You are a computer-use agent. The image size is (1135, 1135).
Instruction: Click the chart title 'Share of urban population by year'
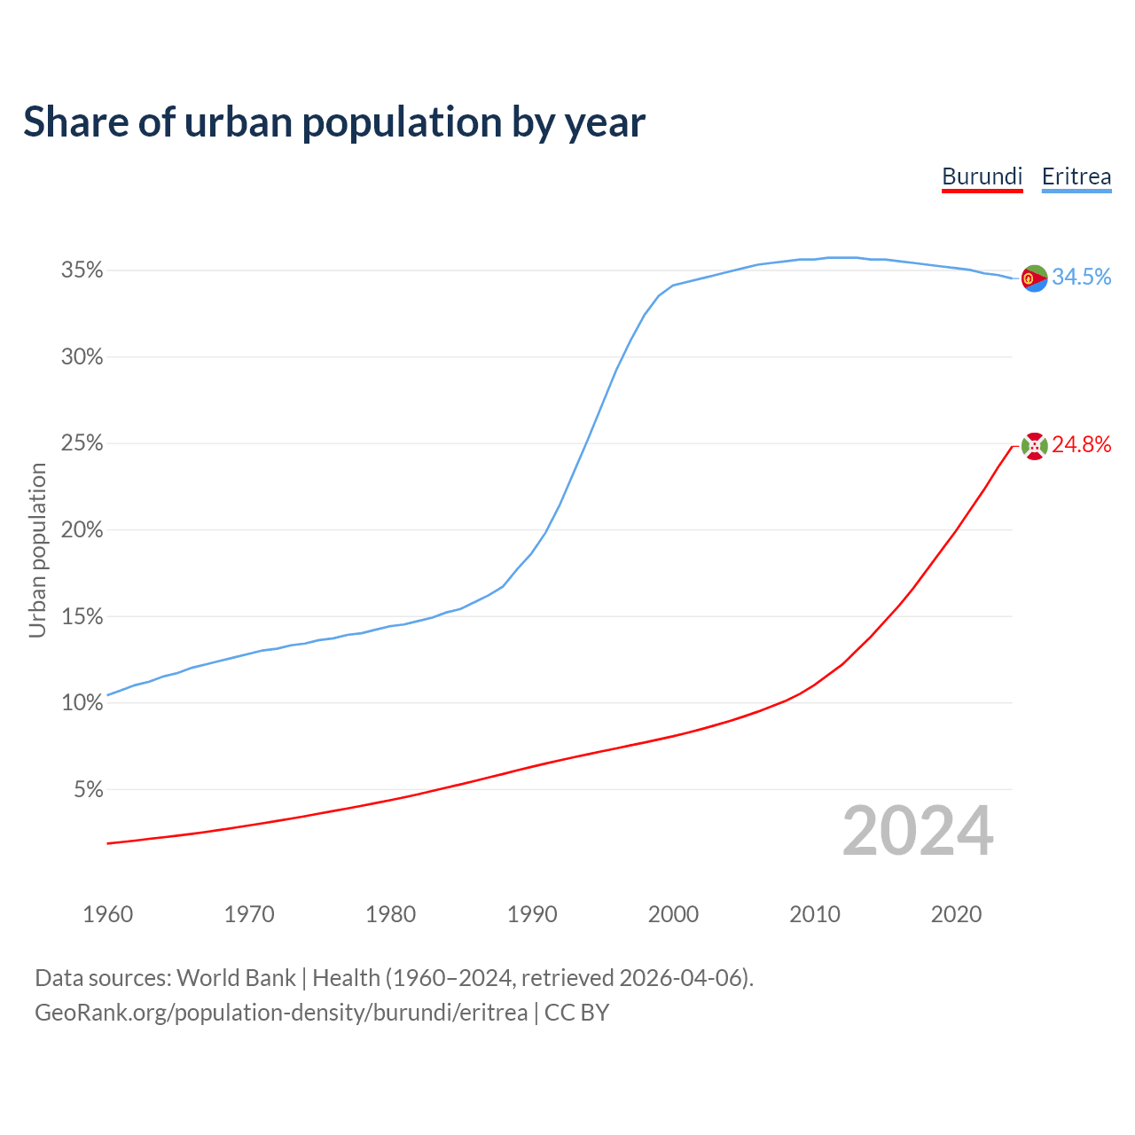pos(334,122)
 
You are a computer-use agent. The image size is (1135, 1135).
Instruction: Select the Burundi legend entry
pos(982,176)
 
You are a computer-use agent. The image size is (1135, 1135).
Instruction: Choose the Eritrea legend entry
pos(1076,176)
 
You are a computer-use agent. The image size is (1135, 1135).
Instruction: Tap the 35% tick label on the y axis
pos(82,270)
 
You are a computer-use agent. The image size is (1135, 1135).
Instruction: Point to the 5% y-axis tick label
pos(88,789)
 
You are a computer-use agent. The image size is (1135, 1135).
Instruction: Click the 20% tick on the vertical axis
pos(82,530)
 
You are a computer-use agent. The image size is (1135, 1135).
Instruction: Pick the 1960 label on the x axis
pos(107,914)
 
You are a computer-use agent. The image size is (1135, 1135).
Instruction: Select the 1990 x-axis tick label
pos(532,914)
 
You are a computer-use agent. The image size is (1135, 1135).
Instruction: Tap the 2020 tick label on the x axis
pos(956,914)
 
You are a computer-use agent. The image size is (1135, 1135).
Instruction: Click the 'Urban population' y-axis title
pos(37,550)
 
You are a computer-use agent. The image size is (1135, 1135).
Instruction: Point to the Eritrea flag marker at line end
pos(1034,278)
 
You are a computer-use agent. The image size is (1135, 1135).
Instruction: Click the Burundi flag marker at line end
pos(1034,446)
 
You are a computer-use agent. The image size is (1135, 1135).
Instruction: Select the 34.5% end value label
pos(1081,277)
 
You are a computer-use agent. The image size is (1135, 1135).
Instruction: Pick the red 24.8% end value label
pos(1081,444)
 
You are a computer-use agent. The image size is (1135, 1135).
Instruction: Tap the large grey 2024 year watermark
pos(918,831)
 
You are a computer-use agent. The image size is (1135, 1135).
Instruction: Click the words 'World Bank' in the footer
pos(236,978)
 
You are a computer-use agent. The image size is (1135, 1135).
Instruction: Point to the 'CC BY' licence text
pos(576,1013)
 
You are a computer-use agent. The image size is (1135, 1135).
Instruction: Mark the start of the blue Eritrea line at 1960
pos(108,694)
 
